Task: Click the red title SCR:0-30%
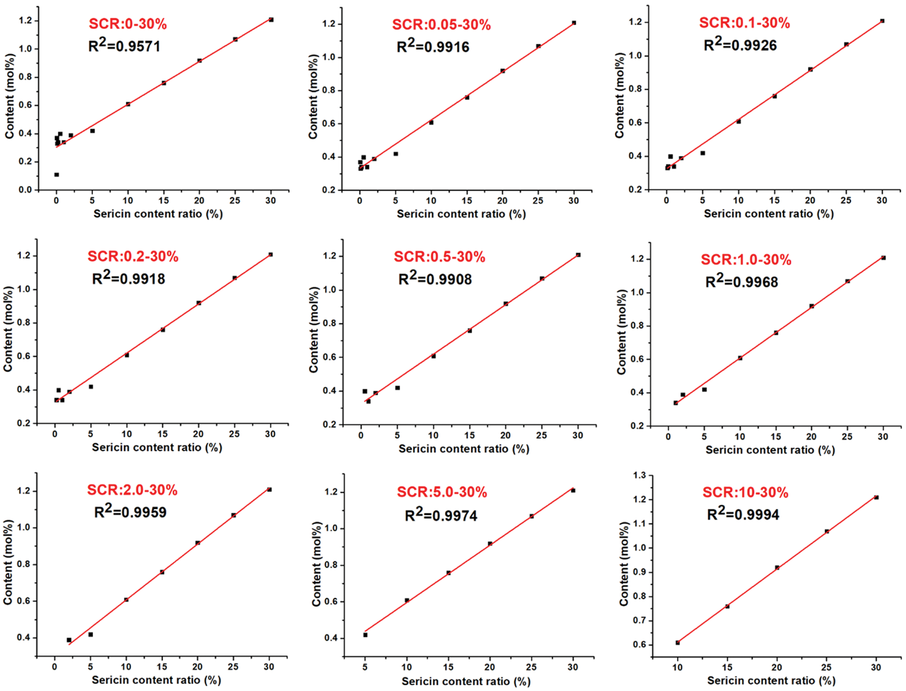coord(128,24)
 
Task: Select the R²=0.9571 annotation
coord(124,46)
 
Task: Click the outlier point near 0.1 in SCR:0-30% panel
coord(57,175)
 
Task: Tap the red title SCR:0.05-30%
coord(441,25)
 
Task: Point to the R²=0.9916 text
coord(433,46)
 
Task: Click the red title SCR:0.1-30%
coord(744,23)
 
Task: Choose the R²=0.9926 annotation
coord(740,45)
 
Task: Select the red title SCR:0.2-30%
coord(133,256)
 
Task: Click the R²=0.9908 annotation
coord(435,279)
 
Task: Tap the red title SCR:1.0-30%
coord(746,260)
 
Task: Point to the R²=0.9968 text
coord(741,282)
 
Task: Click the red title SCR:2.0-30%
coord(132,490)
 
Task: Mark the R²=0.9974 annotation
coord(441,515)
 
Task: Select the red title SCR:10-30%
coord(745,492)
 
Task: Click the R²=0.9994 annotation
coord(743,514)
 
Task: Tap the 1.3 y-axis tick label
coord(639,475)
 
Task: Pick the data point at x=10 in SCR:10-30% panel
coord(677,643)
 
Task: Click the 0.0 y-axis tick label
coord(25,190)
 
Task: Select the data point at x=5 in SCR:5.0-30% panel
coord(365,635)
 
